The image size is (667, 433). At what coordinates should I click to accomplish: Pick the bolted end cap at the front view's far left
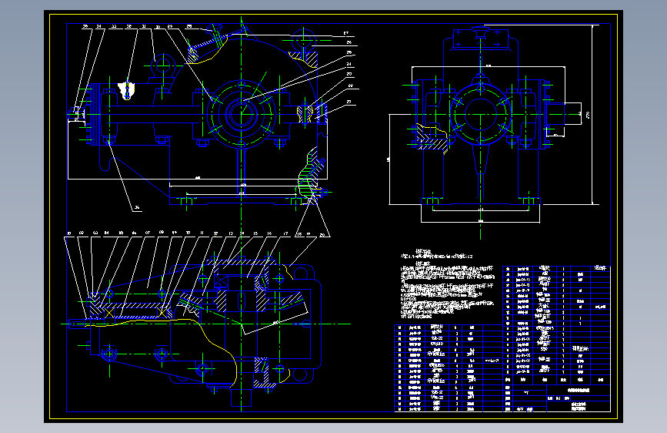77,116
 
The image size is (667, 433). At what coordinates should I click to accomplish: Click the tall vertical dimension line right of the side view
595,116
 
